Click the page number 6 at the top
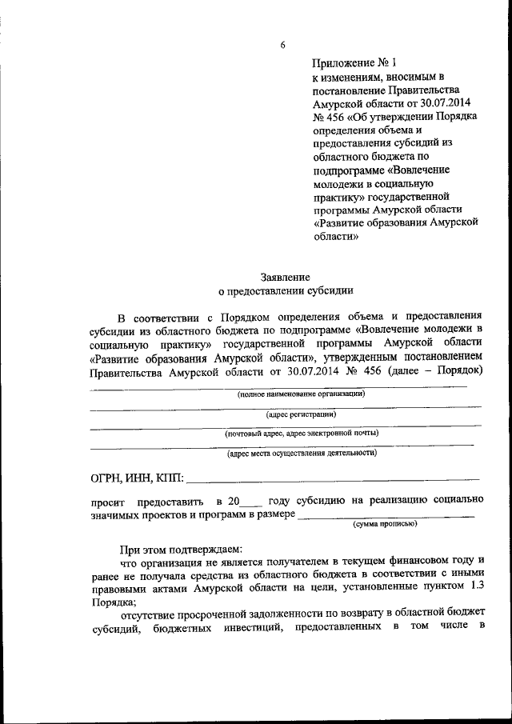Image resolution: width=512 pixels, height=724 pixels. coord(282,45)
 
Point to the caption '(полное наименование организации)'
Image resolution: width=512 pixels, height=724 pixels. coord(302,394)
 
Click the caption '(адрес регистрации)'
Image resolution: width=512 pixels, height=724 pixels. coord(301,414)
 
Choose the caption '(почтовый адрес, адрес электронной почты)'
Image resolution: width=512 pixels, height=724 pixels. coord(302,434)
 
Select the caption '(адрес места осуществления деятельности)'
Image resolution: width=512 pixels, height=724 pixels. coord(302,453)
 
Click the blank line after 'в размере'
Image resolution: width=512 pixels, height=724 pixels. coord(385,517)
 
